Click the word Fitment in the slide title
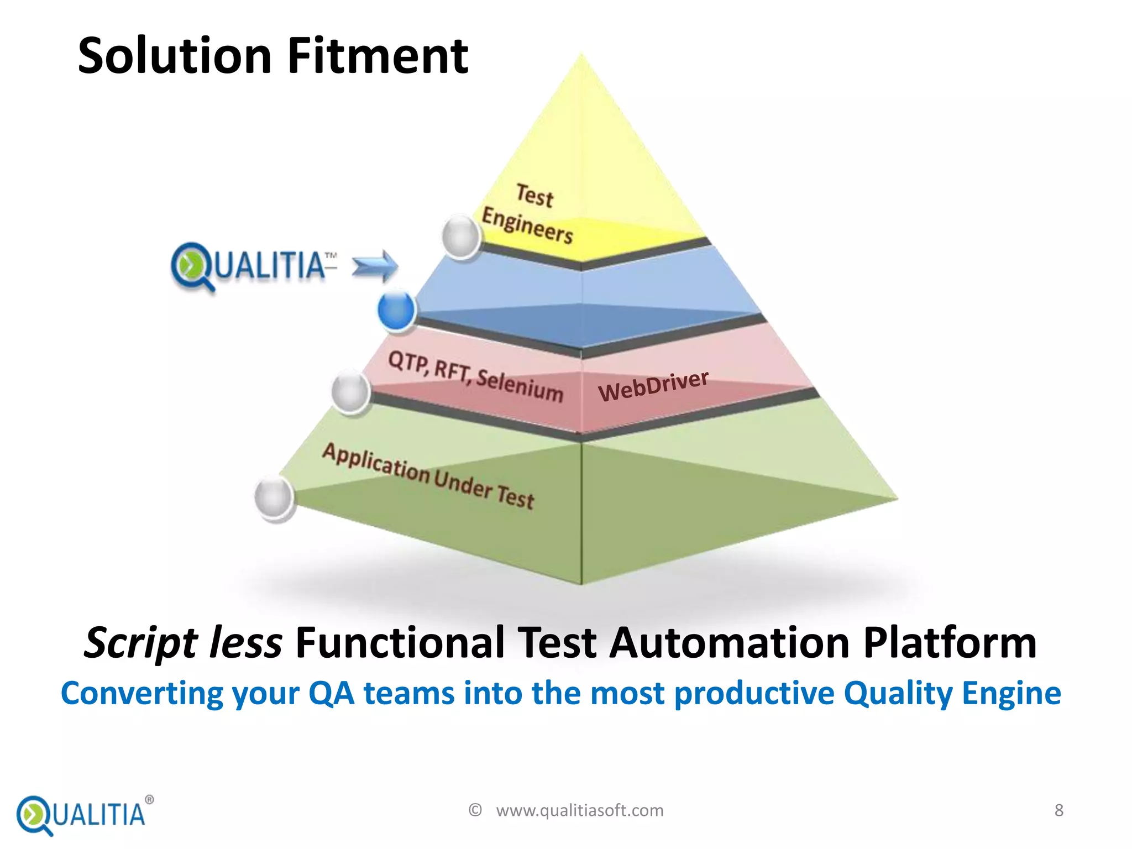click(378, 56)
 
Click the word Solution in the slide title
click(175, 56)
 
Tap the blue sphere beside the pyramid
click(396, 311)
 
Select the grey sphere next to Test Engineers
click(461, 237)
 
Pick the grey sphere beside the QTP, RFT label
click(350, 391)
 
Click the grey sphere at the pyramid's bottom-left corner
click(274, 497)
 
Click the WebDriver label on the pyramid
click(653, 385)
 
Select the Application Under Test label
click(428, 476)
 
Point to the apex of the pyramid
click(581, 55)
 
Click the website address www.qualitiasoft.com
click(579, 810)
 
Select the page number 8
click(1058, 810)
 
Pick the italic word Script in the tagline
click(140, 643)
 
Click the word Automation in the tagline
click(729, 643)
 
